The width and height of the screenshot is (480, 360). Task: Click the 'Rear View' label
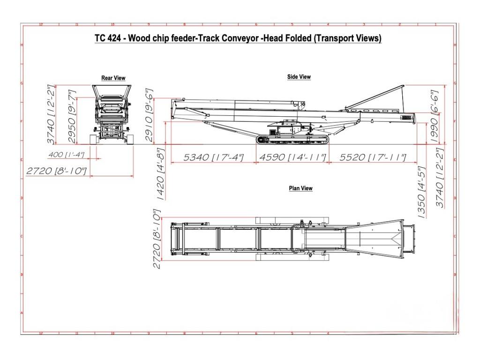coord(113,78)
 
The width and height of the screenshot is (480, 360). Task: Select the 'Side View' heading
coord(299,77)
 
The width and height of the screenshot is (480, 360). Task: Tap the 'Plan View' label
coord(300,188)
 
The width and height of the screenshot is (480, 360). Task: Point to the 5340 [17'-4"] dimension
coord(213,158)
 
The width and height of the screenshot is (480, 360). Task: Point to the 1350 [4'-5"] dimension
coord(421,193)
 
